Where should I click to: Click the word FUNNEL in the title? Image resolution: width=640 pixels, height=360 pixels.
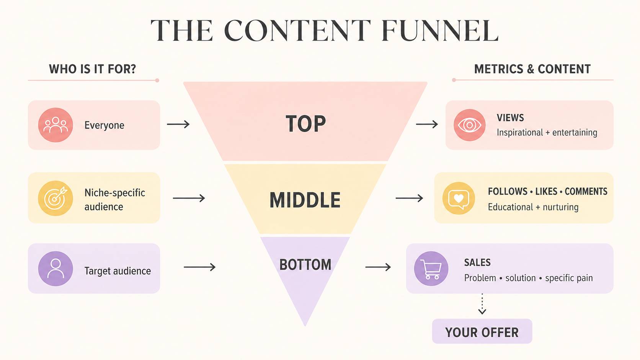pyautogui.click(x=440, y=31)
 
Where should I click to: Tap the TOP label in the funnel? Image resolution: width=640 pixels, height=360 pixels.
pyautogui.click(x=306, y=124)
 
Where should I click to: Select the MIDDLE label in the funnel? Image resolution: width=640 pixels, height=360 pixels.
pyautogui.click(x=305, y=200)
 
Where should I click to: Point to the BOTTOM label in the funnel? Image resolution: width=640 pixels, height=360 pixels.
pyautogui.click(x=305, y=265)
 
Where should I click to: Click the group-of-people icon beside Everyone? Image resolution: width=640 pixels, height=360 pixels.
pyautogui.click(x=56, y=125)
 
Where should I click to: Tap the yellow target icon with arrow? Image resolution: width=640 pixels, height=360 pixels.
pyautogui.click(x=56, y=198)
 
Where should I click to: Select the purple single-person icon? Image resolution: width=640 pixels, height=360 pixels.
pyautogui.click(x=56, y=268)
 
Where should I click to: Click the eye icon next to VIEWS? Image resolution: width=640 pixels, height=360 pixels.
pyautogui.click(x=469, y=125)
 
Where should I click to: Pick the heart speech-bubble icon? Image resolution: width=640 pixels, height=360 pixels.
pyautogui.click(x=459, y=198)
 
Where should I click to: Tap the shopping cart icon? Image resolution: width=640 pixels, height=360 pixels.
pyautogui.click(x=431, y=268)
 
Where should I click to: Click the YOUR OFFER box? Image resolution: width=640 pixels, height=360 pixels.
pyautogui.click(x=482, y=331)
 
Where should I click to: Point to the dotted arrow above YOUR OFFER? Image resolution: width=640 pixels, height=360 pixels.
pyautogui.click(x=482, y=304)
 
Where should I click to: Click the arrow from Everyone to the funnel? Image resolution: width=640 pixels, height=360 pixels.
pyautogui.click(x=178, y=124)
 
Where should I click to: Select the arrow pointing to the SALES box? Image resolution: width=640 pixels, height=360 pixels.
pyautogui.click(x=378, y=267)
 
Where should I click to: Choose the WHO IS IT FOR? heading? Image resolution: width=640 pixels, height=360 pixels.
pyautogui.click(x=93, y=69)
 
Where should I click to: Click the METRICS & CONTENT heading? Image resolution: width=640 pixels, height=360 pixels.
pyautogui.click(x=532, y=69)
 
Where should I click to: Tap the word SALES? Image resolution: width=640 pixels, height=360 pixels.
pyautogui.click(x=477, y=262)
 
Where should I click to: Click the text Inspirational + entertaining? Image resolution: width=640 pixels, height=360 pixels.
pyautogui.click(x=547, y=132)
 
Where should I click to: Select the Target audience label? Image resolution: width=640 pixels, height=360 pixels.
pyautogui.click(x=118, y=271)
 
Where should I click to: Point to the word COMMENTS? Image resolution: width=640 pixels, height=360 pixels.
pyautogui.click(x=586, y=191)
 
